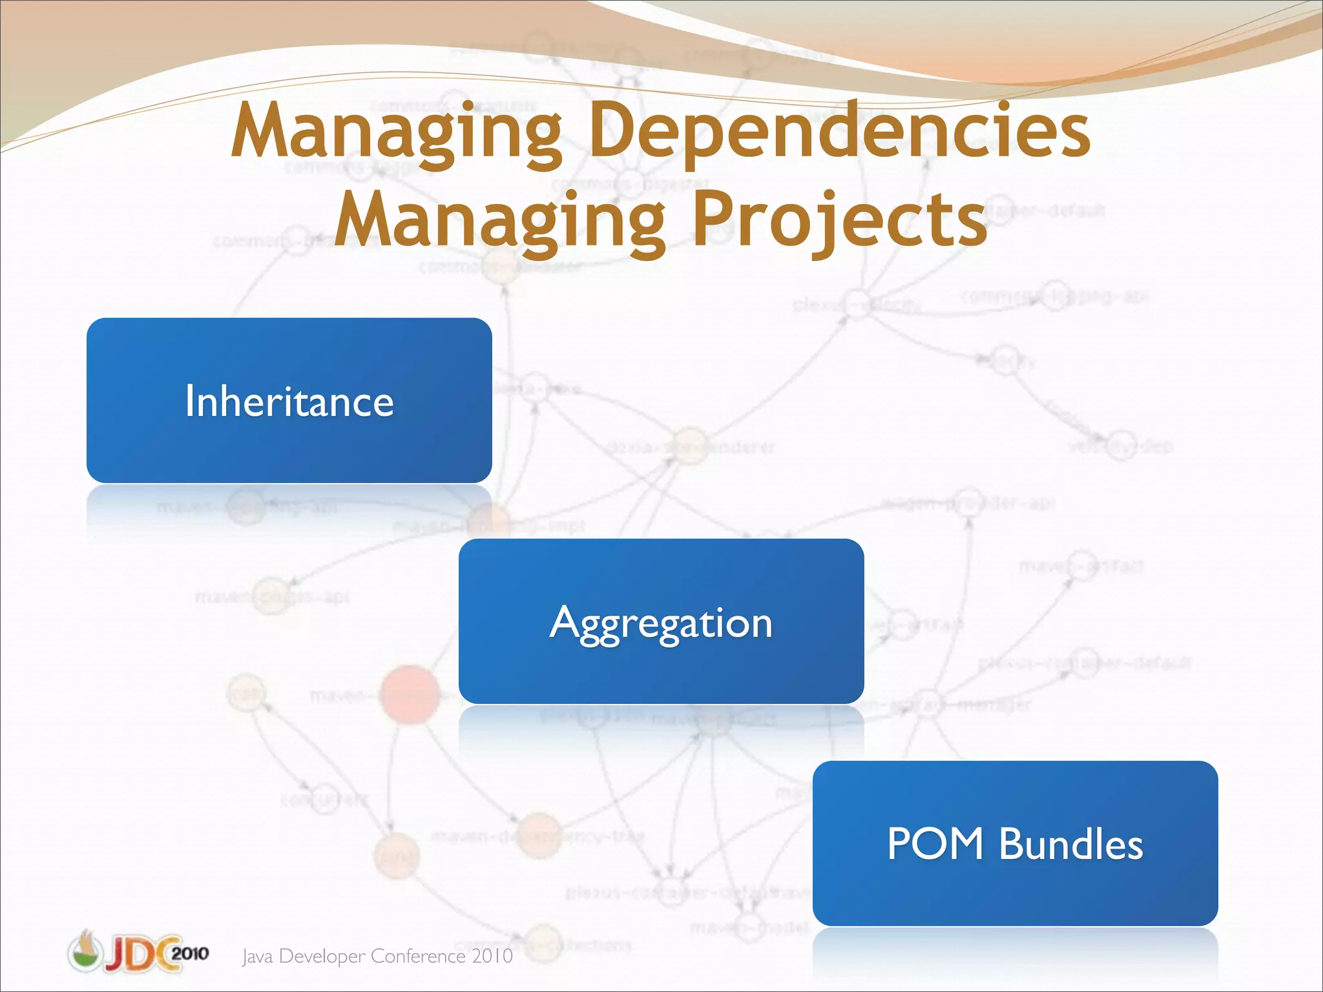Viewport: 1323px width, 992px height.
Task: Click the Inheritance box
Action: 289,400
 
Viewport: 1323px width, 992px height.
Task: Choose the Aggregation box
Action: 661,621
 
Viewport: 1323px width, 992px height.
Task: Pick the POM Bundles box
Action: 1015,843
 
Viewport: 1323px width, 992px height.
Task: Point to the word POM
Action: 935,843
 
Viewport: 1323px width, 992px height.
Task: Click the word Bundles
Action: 1071,843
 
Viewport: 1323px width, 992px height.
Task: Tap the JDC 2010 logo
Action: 138,952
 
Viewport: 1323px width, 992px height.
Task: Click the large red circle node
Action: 410,694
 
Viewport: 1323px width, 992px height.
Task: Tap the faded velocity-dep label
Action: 1121,446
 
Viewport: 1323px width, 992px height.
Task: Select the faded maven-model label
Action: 749,928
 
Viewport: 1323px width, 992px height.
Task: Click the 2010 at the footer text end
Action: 492,956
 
